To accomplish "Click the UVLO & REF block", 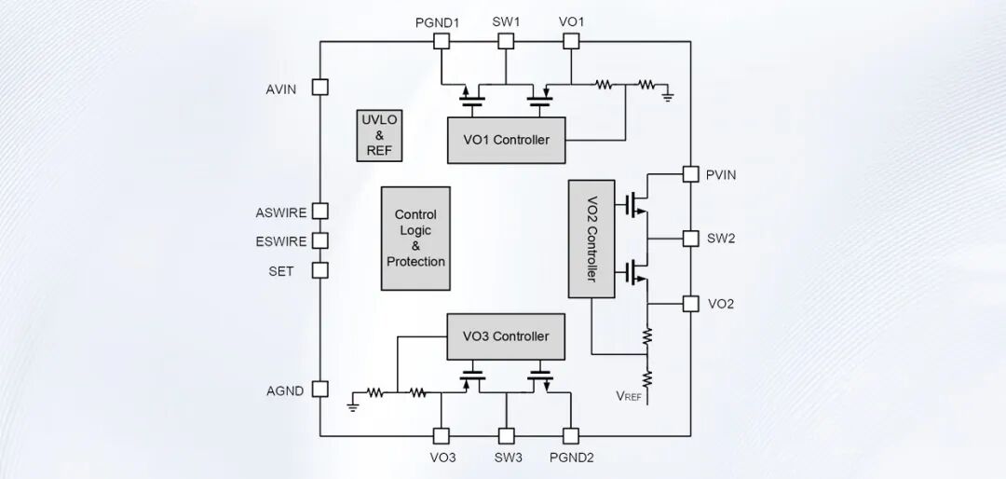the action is click(379, 135).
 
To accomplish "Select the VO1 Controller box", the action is click(506, 140).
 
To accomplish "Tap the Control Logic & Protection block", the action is click(415, 239).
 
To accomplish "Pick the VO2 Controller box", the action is click(591, 239).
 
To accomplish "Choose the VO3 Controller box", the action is click(506, 336).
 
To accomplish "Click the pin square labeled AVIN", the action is click(320, 88).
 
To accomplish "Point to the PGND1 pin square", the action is click(441, 41).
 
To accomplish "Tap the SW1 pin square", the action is click(506, 41).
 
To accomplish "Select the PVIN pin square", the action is click(690, 174).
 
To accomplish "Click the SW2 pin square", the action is click(690, 239).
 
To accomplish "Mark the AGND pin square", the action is click(320, 390).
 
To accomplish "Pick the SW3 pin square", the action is click(506, 437).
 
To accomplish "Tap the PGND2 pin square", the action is click(570, 437).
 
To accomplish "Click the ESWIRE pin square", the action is click(320, 240).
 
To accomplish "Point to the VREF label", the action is click(629, 396).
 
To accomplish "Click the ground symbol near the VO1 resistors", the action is click(668, 96).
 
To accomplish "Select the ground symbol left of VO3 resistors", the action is click(351, 404).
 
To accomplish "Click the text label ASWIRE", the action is click(281, 213).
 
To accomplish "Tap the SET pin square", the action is click(320, 270).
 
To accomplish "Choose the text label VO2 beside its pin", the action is click(720, 304).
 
